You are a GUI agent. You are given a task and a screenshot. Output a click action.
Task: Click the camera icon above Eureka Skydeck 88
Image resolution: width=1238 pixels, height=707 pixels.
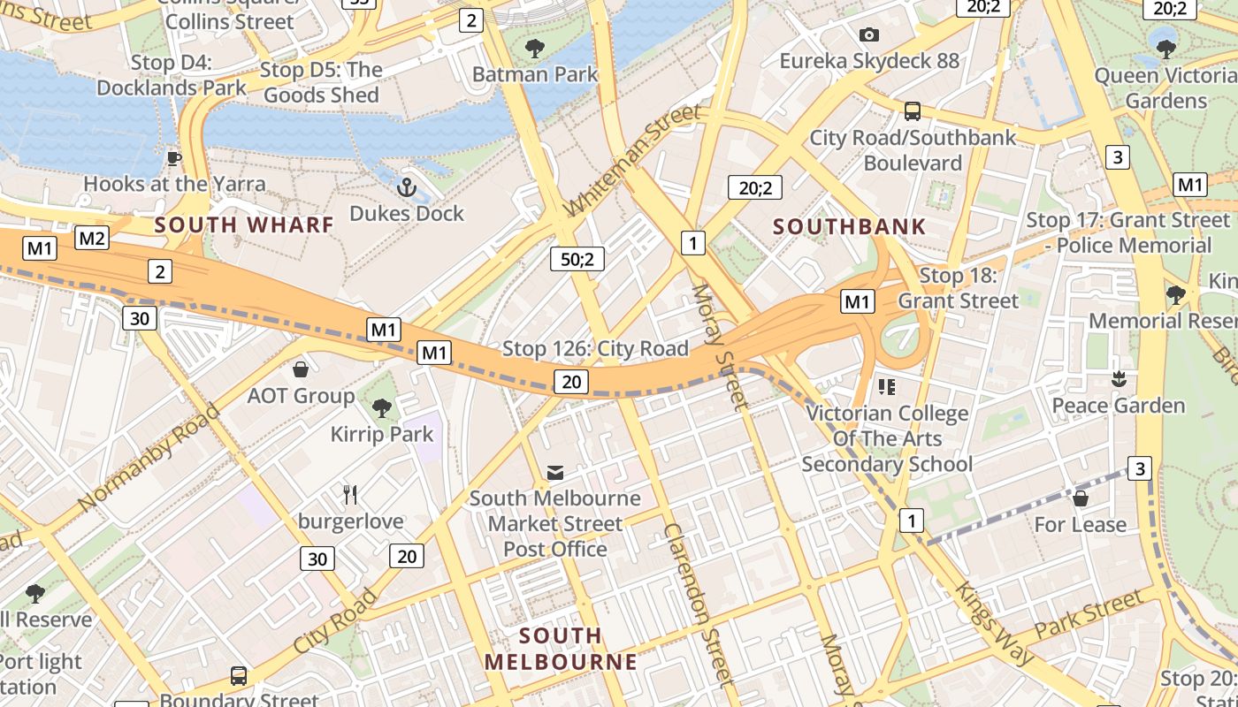pyautogui.click(x=869, y=34)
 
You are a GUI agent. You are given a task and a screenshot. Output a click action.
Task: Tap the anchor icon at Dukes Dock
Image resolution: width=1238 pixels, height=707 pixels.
pyautogui.click(x=407, y=186)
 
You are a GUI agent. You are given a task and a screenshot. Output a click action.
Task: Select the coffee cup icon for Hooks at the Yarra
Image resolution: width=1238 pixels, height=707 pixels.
pyautogui.click(x=174, y=158)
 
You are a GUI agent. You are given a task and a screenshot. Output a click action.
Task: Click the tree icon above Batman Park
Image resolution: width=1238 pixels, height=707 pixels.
pyautogui.click(x=535, y=48)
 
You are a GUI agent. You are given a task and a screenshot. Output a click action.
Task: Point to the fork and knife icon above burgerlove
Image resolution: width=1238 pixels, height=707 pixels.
pyautogui.click(x=350, y=495)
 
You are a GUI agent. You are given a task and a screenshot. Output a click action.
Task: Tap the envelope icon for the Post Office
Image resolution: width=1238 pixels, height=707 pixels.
pyautogui.click(x=554, y=473)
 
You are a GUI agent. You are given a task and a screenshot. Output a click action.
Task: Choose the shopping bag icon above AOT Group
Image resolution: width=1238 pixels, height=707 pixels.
pyautogui.click(x=301, y=369)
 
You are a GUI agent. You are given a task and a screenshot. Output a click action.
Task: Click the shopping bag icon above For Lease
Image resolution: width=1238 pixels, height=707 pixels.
pyautogui.click(x=1080, y=498)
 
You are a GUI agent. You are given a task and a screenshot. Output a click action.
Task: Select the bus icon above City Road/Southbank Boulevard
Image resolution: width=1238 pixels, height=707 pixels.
pyautogui.click(x=913, y=111)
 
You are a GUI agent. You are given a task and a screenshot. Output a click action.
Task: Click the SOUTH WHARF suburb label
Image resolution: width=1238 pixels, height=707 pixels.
pyautogui.click(x=244, y=224)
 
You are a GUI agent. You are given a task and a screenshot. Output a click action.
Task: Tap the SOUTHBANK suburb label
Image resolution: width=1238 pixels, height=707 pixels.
pyautogui.click(x=849, y=226)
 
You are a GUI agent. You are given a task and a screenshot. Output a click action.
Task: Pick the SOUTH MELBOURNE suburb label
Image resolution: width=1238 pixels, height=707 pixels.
pyautogui.click(x=561, y=649)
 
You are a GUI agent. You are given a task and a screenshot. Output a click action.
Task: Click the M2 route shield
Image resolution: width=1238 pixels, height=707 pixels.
pyautogui.click(x=92, y=237)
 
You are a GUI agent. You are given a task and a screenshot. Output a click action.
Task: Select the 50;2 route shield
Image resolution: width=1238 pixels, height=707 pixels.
pyautogui.click(x=577, y=259)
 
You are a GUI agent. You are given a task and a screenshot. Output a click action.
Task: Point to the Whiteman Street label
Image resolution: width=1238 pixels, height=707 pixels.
pyautogui.click(x=632, y=160)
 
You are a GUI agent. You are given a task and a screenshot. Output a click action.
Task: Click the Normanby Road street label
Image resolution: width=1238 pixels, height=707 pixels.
pyautogui.click(x=149, y=457)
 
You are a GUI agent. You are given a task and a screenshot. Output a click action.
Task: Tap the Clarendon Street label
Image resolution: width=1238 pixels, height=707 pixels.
pyautogui.click(x=699, y=604)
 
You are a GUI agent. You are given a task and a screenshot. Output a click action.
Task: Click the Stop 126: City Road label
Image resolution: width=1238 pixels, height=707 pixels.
pyautogui.click(x=595, y=349)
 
